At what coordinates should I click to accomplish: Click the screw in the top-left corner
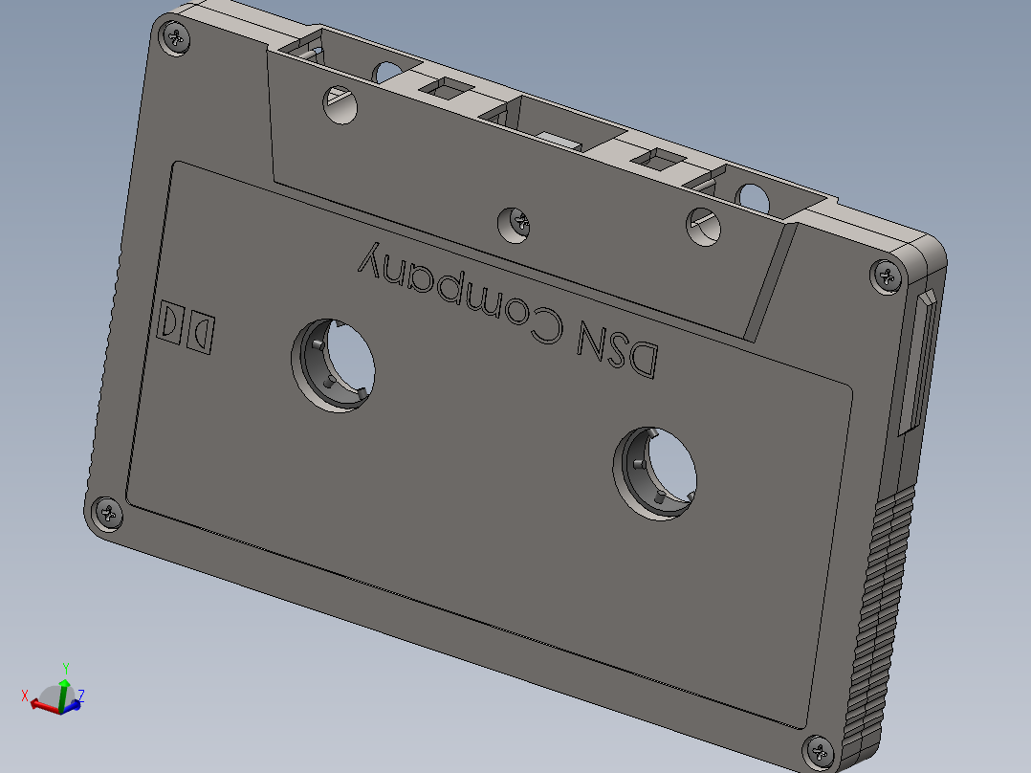176,37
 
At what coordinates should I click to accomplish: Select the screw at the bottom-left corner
107,514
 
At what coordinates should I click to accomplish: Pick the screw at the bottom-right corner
820,751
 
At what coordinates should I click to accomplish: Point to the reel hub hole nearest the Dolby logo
335,364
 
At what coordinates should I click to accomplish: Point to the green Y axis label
65,667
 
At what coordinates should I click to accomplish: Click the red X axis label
26,695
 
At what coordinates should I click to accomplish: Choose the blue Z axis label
82,696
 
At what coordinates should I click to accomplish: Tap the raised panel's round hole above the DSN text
706,226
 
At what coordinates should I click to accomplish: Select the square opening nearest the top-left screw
447,90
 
